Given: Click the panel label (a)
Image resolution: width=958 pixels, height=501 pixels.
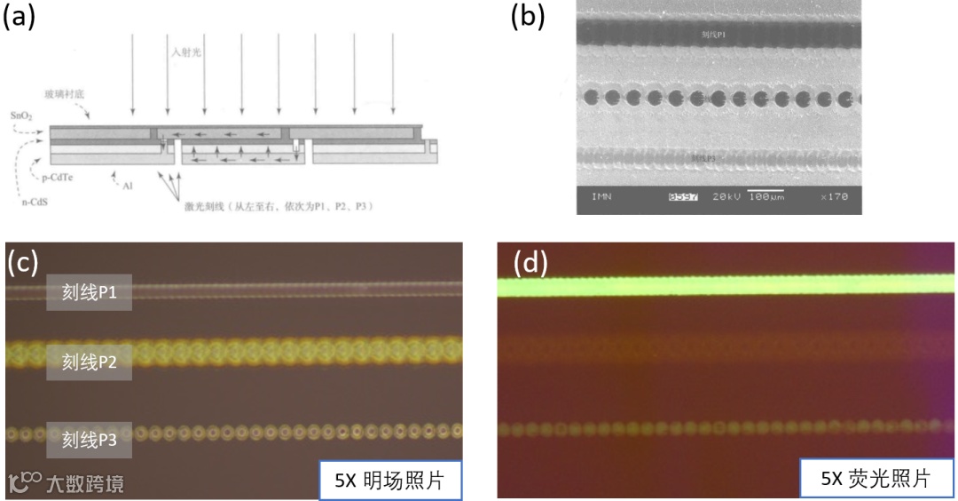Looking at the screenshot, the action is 20,19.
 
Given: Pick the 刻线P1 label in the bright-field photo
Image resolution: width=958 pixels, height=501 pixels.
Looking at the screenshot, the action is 89,292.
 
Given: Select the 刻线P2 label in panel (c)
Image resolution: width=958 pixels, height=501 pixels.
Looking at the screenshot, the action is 89,362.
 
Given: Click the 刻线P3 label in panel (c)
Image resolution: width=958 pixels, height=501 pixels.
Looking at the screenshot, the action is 89,438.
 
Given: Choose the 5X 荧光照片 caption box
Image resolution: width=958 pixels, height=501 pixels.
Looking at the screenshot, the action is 876,480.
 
